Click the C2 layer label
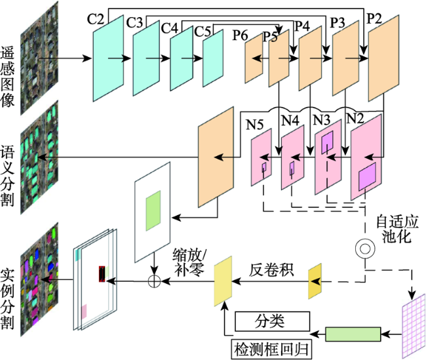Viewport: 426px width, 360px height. point(96,20)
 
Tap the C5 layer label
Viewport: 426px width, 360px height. point(203,31)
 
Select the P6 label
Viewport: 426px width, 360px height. point(240,35)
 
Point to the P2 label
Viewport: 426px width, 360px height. point(374,19)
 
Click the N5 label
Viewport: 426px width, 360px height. point(254,125)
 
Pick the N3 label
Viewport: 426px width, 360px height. point(322,120)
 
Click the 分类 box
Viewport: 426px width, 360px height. point(272,321)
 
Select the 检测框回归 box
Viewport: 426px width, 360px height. point(271,350)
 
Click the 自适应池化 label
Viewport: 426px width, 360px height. point(397,229)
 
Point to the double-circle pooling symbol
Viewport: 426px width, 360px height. point(366,249)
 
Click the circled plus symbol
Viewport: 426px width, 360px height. point(154,281)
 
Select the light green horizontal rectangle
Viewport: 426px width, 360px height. point(353,334)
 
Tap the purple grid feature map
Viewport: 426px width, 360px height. point(414,326)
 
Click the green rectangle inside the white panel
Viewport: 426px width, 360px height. point(153,210)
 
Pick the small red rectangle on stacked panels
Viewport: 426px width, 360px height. point(102,274)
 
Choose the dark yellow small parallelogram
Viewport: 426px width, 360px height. point(315,281)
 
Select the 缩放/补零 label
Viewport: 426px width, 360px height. point(189,262)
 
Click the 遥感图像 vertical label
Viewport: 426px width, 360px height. point(7,77)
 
